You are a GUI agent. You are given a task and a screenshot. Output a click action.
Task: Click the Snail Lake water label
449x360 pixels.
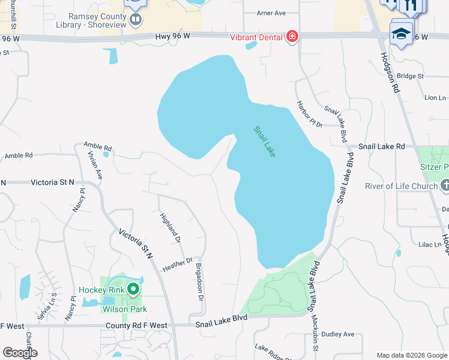tap(264, 142)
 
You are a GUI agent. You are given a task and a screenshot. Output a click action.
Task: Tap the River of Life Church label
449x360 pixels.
tap(402, 186)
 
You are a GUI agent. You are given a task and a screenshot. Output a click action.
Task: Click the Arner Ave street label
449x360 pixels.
tap(271, 13)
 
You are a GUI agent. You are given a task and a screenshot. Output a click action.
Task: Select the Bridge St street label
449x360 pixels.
tap(411, 76)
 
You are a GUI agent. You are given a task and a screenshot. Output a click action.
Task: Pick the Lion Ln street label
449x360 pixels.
tap(435, 98)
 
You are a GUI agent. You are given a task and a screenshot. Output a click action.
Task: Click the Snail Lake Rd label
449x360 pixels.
tap(382, 146)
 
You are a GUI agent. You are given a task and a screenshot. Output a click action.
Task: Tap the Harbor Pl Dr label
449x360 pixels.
tap(309, 113)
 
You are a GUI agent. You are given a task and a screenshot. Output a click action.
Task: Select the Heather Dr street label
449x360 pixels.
tap(177, 264)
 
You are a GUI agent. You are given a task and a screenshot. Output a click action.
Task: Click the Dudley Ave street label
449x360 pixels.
tap(339, 334)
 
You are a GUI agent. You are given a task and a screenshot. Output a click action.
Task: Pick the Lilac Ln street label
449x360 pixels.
tap(430, 245)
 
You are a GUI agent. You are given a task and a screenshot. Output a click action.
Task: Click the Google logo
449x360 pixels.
tap(20, 353)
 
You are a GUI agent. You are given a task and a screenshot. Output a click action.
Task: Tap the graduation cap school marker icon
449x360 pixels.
tap(401, 33)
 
